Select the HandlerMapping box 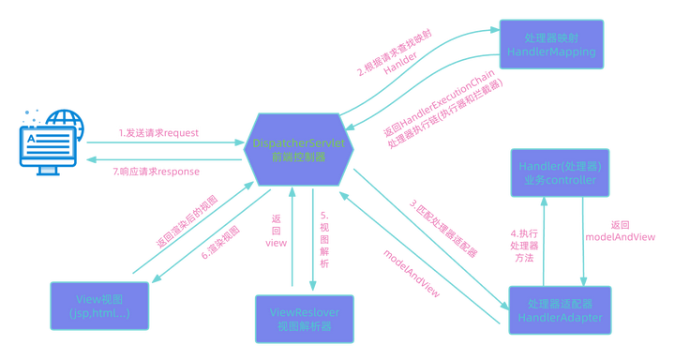tap(548, 43)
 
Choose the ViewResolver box tap(305, 318)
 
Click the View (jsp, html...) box tap(98, 304)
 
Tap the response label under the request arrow tap(156, 172)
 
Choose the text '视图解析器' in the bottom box tap(305, 325)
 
